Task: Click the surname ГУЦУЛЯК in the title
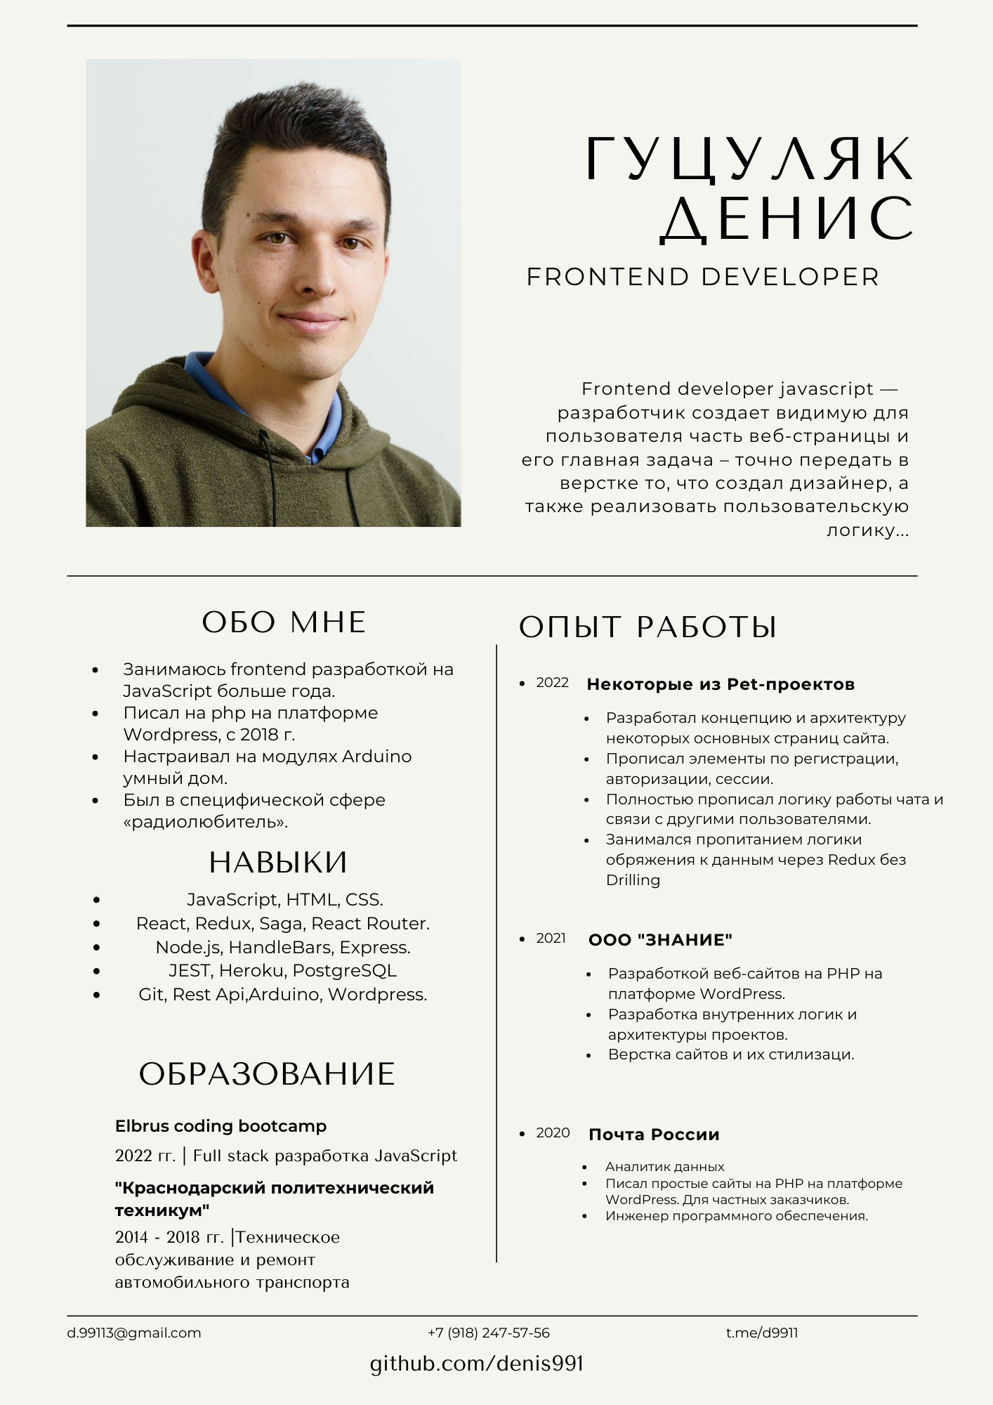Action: [749, 159]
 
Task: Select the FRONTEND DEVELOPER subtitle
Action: [702, 277]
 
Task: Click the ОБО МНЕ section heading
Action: [284, 622]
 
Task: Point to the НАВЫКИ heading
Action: [278, 862]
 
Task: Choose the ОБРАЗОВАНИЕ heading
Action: [267, 1074]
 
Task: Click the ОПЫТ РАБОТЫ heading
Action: [647, 627]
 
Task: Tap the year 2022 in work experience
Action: [552, 683]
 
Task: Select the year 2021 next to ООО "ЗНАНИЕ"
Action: [551, 939]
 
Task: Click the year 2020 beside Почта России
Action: [553, 1133]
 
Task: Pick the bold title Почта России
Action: [654, 1135]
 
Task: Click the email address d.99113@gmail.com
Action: [134, 1333]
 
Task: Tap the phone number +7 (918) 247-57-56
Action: [489, 1333]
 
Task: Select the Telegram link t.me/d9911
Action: [762, 1333]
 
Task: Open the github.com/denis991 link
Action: [477, 1364]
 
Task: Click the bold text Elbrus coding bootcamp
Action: [221, 1126]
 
